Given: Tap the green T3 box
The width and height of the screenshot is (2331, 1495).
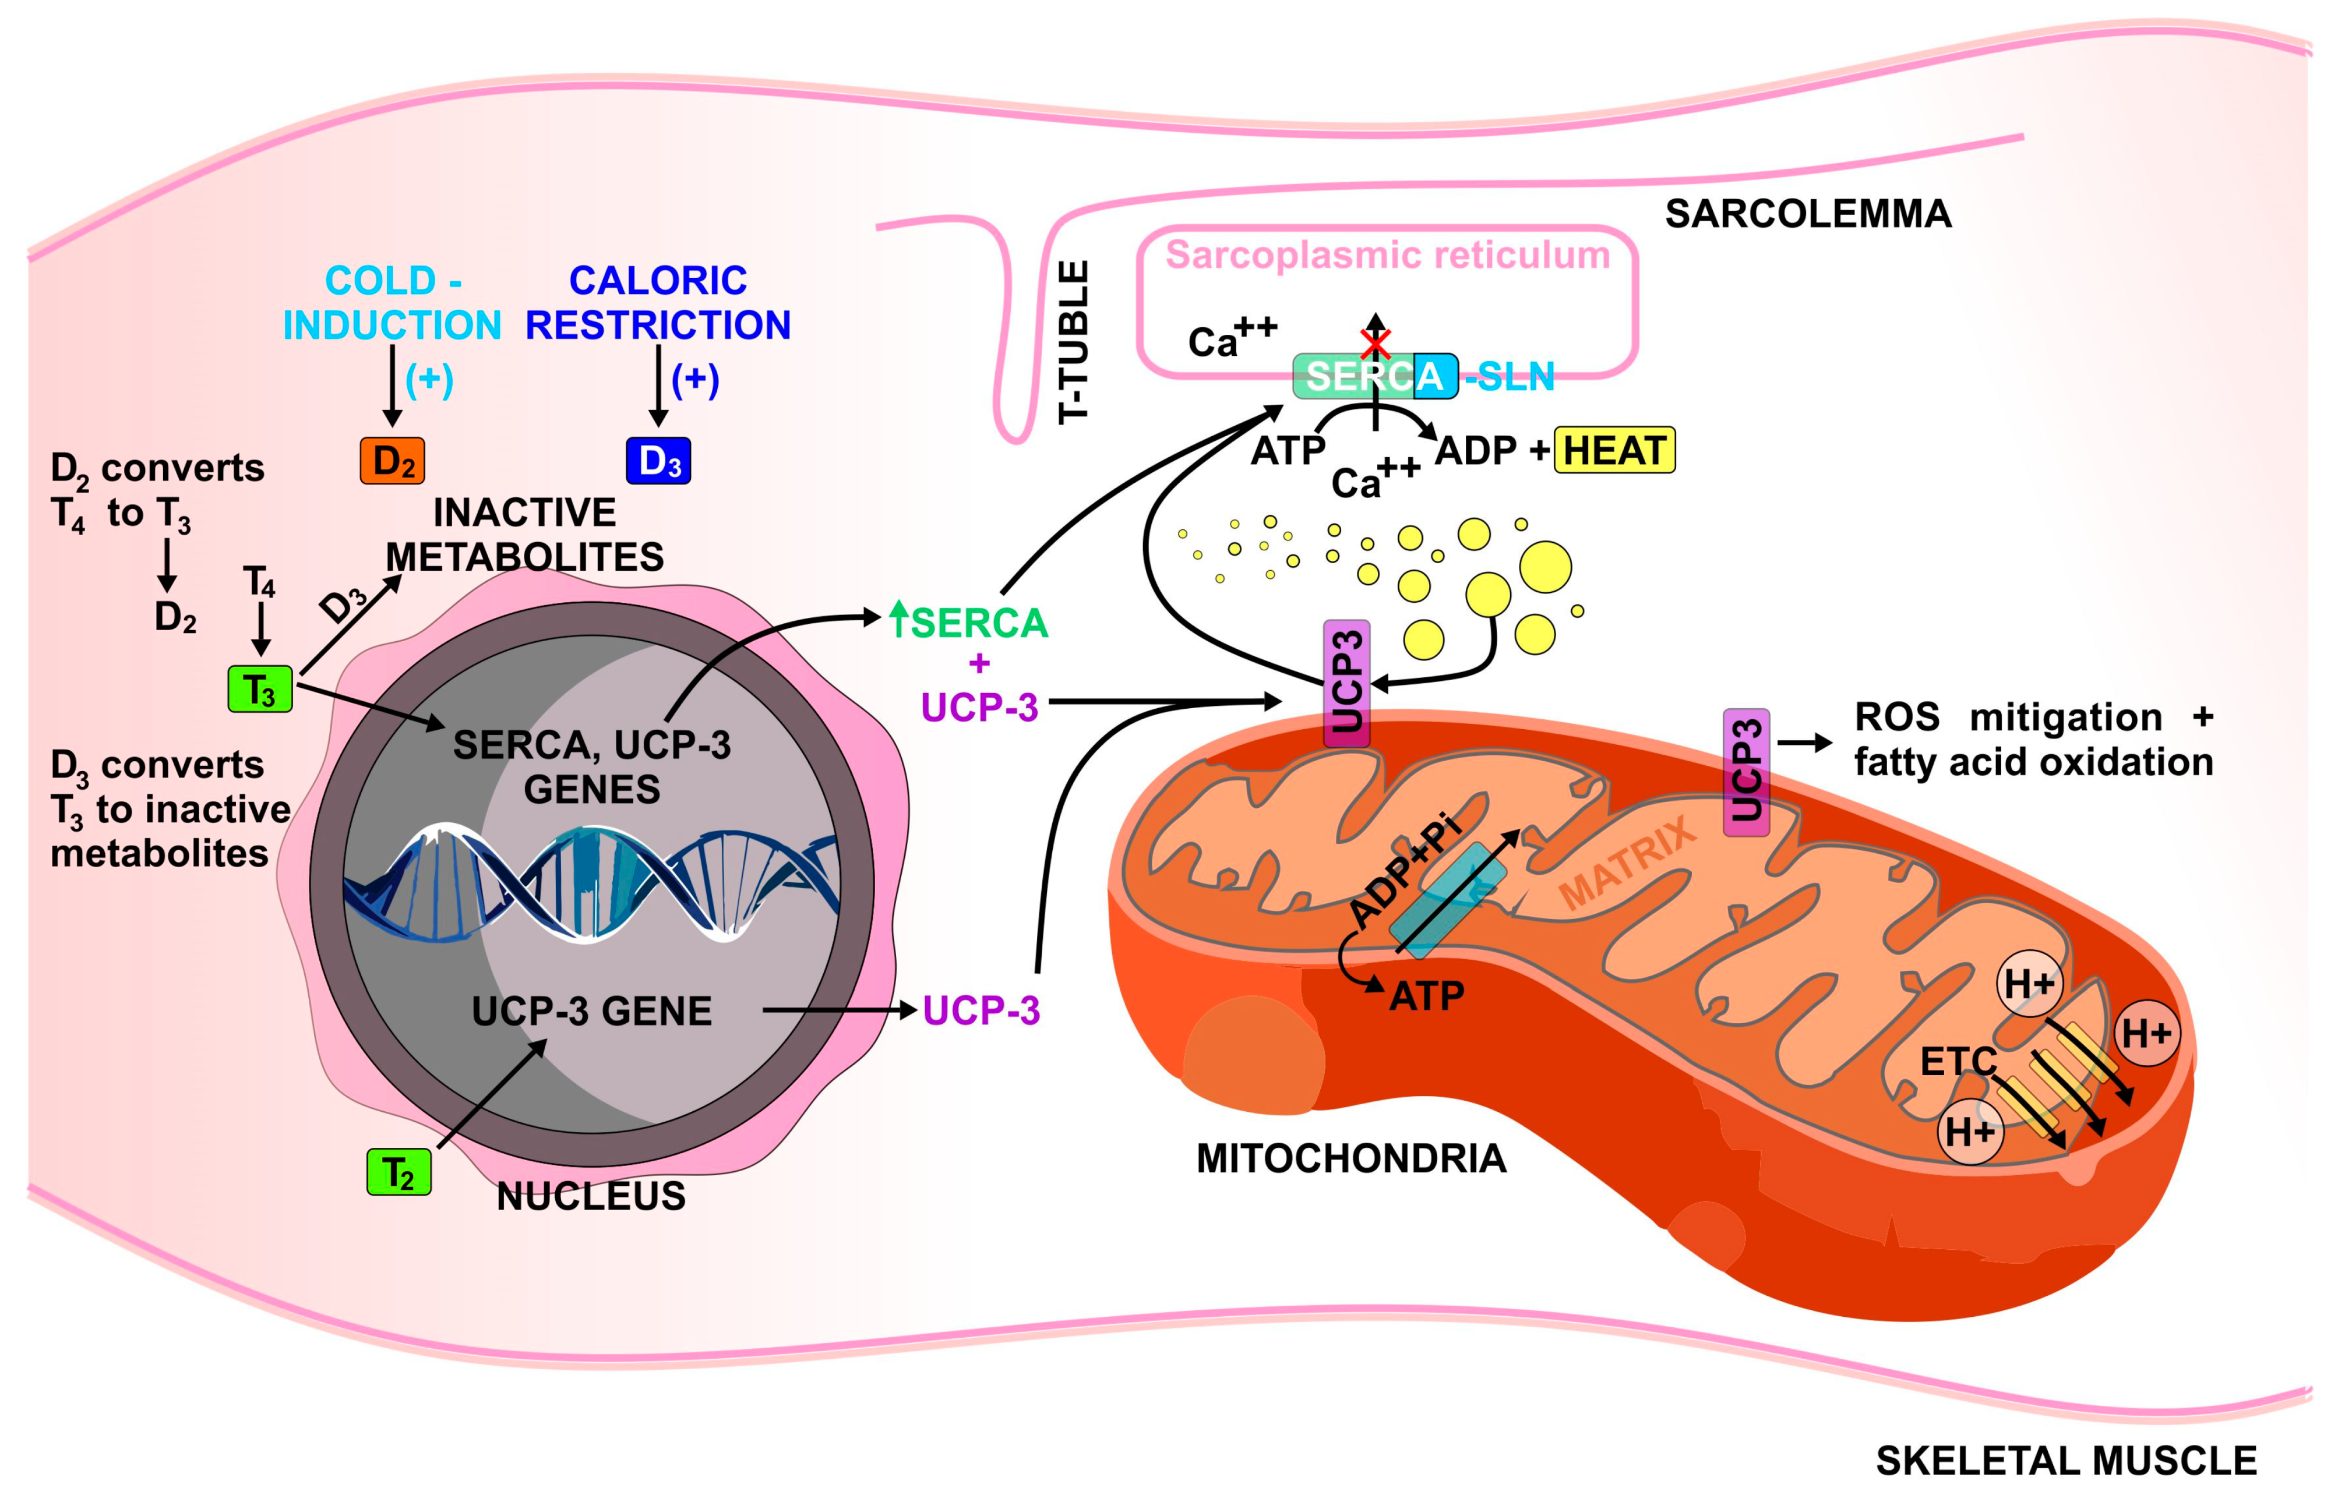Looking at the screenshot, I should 259,689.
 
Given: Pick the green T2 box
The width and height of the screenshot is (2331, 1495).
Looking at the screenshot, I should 398,1172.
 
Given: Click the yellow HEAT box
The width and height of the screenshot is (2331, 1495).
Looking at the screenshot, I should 1614,450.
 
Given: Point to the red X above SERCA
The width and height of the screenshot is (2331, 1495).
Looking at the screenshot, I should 1375,344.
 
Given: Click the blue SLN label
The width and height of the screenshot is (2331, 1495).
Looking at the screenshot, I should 1512,377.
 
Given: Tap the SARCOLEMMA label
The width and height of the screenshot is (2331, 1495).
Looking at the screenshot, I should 1808,214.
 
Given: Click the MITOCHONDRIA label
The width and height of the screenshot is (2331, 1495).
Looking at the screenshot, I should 1350,1159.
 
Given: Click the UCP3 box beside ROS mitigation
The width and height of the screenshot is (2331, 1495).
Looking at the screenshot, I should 1745,772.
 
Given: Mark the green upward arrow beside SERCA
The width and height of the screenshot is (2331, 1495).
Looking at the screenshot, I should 899,619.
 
